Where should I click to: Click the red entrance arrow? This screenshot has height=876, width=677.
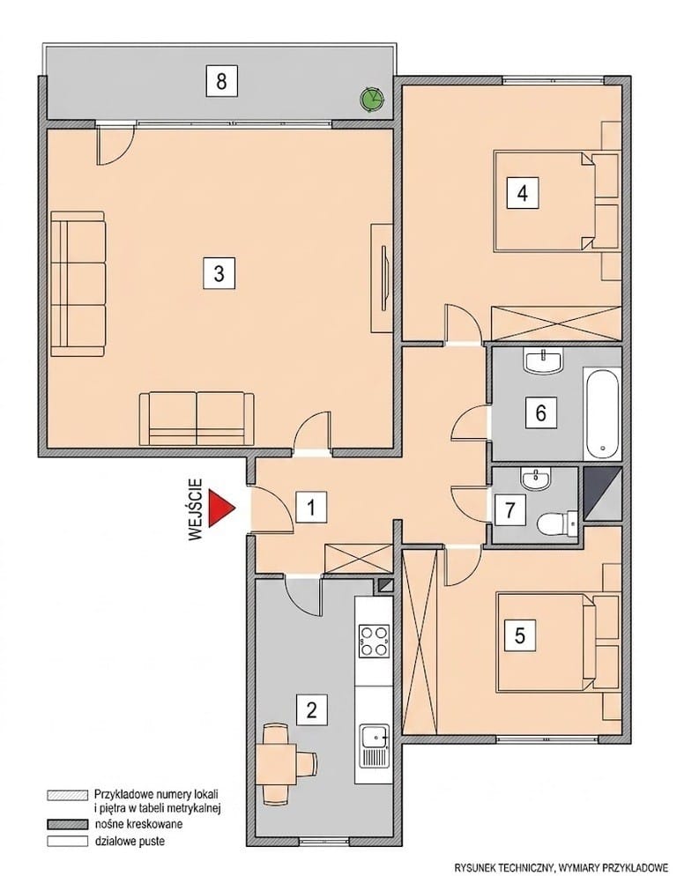(x=219, y=508)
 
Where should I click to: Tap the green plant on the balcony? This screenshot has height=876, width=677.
(x=371, y=99)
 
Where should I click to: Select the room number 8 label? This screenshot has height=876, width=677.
(x=221, y=81)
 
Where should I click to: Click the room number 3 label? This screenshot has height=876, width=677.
(x=219, y=273)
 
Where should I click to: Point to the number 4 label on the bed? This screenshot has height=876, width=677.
(x=523, y=193)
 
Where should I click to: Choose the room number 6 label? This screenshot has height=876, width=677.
(x=540, y=412)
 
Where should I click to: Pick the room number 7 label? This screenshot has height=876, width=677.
(x=510, y=509)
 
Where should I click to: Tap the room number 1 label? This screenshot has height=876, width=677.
(x=311, y=508)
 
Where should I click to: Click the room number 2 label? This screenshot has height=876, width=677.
(x=311, y=709)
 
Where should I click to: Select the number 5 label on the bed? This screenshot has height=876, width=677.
(x=520, y=635)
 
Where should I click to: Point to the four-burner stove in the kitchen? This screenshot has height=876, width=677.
(x=374, y=641)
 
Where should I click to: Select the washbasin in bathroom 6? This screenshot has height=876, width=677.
(x=543, y=360)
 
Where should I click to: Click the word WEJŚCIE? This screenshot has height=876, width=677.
(x=195, y=509)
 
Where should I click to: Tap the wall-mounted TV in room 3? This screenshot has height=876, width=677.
(x=384, y=278)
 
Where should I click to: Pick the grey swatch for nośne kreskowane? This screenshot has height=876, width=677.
(x=68, y=824)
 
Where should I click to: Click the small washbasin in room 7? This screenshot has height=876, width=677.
(x=536, y=479)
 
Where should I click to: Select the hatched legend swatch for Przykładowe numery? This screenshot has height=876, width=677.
(x=68, y=794)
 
